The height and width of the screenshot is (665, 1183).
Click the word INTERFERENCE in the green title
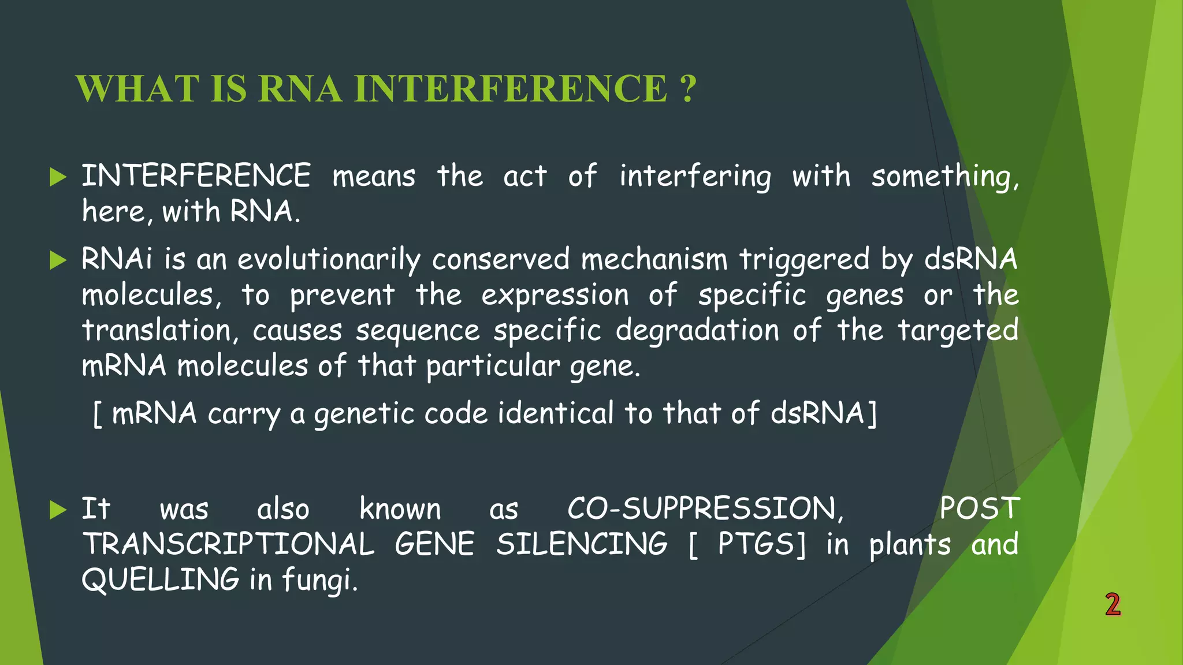[511, 89]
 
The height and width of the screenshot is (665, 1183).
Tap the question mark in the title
[688, 89]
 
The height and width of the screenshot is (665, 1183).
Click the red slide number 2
[1113, 604]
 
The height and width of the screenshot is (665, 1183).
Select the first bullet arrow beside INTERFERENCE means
[58, 177]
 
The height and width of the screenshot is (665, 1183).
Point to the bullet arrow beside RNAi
[58, 260]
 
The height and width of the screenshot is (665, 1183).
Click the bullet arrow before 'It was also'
[58, 510]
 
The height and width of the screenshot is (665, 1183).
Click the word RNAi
[117, 259]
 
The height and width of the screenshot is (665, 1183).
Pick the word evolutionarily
[329, 260]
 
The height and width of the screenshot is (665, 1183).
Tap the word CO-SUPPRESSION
[705, 509]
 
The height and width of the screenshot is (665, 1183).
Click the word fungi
[319, 580]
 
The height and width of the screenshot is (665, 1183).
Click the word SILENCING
[582, 544]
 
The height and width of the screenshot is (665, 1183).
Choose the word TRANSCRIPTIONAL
[228, 544]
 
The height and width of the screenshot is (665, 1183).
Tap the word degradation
[697, 331]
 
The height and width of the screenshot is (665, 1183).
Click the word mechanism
[654, 259]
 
